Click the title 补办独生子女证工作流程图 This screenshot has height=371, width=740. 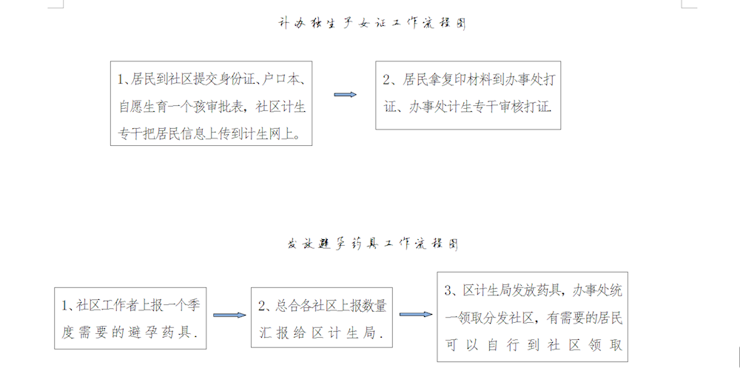point(372,23)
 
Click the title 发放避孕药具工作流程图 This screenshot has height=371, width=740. point(373,244)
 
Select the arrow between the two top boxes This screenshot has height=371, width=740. point(345,95)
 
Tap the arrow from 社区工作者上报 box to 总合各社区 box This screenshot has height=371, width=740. point(229,315)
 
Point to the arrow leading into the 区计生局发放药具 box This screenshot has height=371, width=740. point(416,315)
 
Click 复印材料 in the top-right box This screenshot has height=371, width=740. point(465,79)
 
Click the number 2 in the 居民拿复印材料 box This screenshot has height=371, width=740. point(386,80)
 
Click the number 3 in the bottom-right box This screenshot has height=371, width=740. point(448,291)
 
